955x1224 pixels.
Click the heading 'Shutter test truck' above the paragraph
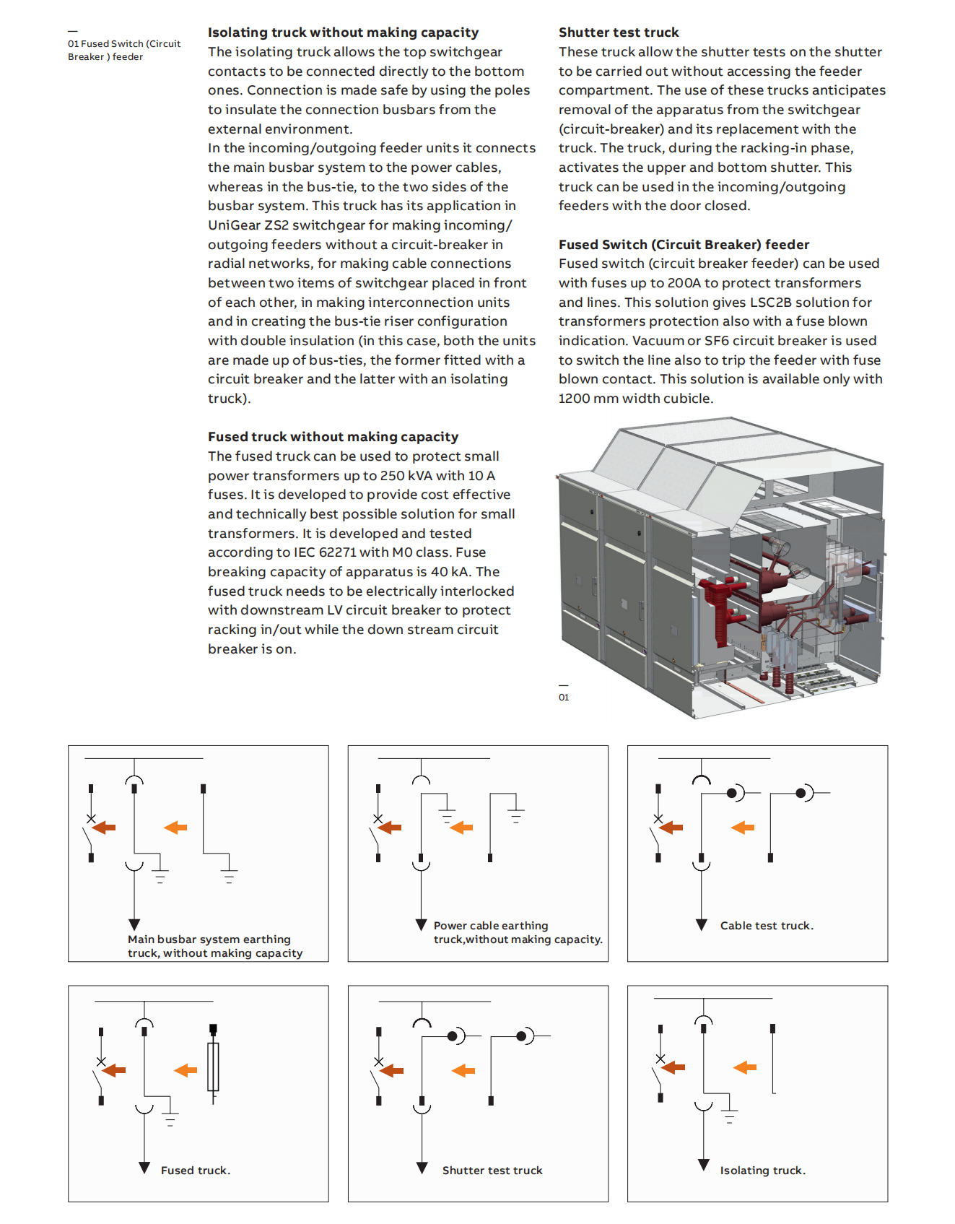[x=619, y=32]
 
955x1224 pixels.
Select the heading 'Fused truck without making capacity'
[x=333, y=437]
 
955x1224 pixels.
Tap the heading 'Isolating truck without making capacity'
[x=343, y=32]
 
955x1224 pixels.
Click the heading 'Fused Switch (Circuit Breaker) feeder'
[x=684, y=245]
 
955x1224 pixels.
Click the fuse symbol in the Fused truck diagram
[x=213, y=1066]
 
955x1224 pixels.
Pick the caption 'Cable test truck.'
[x=767, y=926]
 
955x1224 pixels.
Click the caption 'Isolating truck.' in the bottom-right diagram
[x=762, y=1171]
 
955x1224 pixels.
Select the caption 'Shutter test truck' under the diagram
[x=492, y=1171]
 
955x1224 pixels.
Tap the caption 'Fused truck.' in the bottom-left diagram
[x=196, y=1171]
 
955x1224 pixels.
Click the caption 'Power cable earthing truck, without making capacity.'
[x=518, y=932]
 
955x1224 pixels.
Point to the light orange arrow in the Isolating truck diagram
[x=745, y=1067]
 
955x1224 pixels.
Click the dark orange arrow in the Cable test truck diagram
[x=671, y=828]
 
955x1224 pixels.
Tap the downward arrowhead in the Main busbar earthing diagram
[x=134, y=924]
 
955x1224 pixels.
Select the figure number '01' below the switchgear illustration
[x=564, y=698]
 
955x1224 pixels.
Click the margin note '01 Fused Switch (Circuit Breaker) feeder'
[x=124, y=50]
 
